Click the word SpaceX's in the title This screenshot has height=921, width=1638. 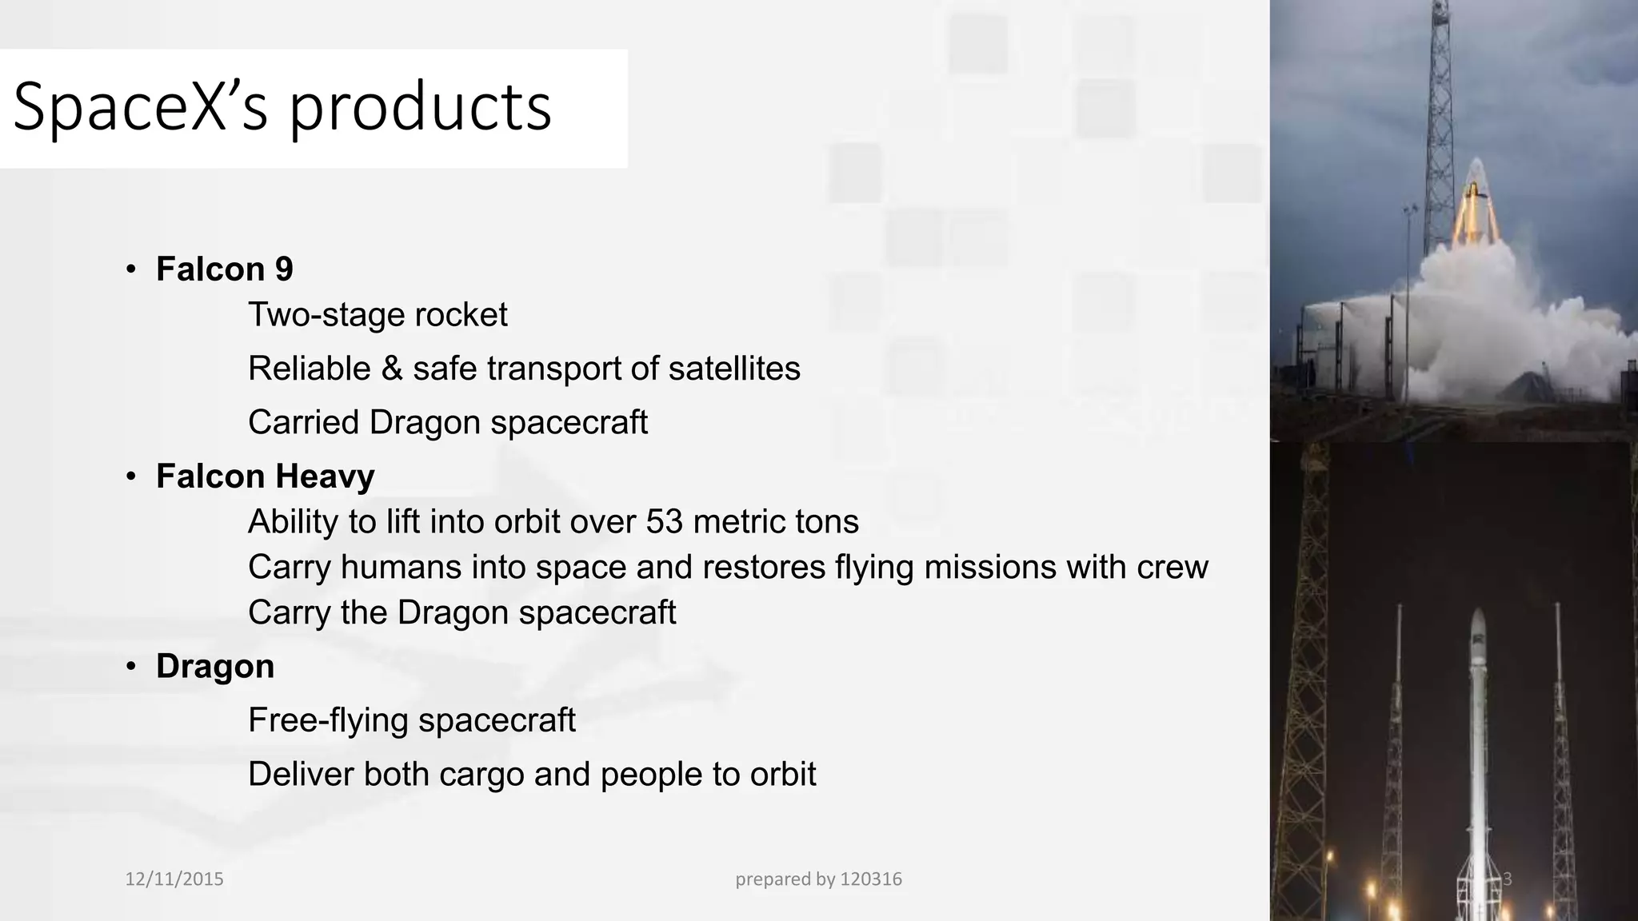pyautogui.click(x=140, y=107)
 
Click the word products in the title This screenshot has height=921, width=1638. pyautogui.click(x=420, y=107)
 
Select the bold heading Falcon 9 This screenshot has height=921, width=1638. pyautogui.click(x=225, y=269)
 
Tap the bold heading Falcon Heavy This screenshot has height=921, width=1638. pyautogui.click(x=265, y=476)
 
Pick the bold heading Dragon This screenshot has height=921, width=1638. pyautogui.click(x=215, y=666)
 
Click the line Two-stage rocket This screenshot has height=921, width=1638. pyautogui.click(x=378, y=315)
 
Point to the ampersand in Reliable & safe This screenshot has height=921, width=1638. pyautogui.click(x=391, y=369)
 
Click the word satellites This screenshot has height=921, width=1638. pyautogui.click(x=734, y=369)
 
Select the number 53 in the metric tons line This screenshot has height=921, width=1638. pyautogui.click(x=664, y=521)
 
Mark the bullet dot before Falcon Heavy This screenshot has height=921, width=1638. pyautogui.click(x=131, y=476)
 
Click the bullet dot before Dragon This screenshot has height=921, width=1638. pyautogui.click(x=131, y=667)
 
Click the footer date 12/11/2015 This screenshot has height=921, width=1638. pyautogui.click(x=174, y=879)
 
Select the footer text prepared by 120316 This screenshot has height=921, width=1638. pyautogui.click(x=818, y=879)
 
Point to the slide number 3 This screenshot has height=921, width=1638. pyautogui.click(x=1507, y=879)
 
